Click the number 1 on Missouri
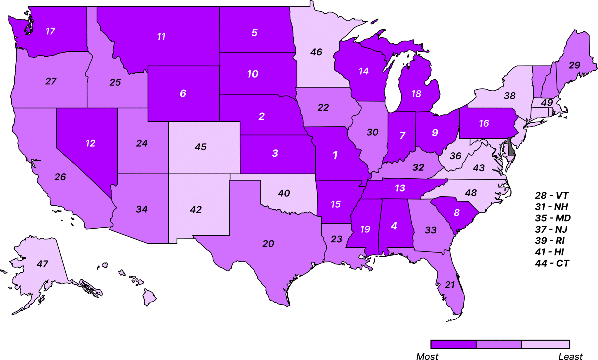[x=335, y=155]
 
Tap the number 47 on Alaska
[x=42, y=264]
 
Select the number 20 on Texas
[x=268, y=244]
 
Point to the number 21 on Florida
[x=450, y=285]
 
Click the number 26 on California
[x=60, y=177]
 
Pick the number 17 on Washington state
[x=50, y=31]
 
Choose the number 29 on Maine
[x=574, y=65]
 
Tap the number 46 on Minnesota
[x=316, y=52]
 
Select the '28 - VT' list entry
[x=552, y=196]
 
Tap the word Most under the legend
[x=427, y=356]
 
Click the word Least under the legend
[x=570, y=356]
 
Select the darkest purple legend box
[x=453, y=344]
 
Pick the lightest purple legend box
[x=545, y=344]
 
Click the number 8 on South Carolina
[x=457, y=213]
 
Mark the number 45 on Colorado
[x=201, y=147]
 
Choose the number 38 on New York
[x=510, y=96]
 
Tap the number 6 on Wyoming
[x=183, y=93]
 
